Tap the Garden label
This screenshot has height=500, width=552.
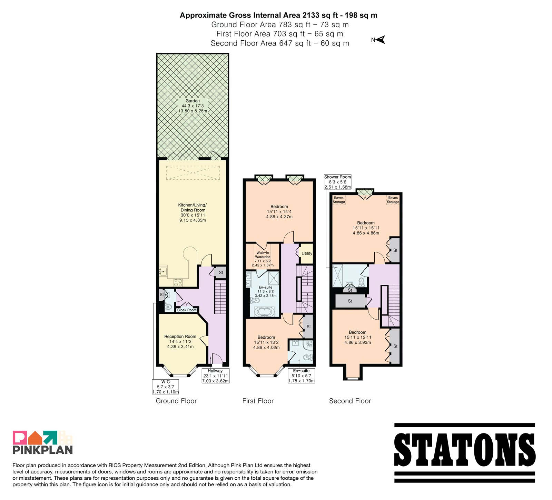[x=193, y=101]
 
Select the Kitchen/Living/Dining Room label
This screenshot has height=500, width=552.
[x=193, y=207]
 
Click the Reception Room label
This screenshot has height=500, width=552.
[x=180, y=337]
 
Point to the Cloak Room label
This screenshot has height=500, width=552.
[x=187, y=310]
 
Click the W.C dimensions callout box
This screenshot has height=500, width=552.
[x=166, y=387]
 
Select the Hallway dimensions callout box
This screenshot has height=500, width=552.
[x=215, y=376]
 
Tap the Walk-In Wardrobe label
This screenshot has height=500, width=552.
[x=263, y=255]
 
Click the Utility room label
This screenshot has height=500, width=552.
[x=307, y=253]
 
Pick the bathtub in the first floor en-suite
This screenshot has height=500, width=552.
[x=264, y=312]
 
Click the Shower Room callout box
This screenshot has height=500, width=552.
[x=337, y=182]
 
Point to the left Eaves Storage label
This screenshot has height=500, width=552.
[x=339, y=200]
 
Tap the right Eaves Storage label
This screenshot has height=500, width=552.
[x=393, y=200]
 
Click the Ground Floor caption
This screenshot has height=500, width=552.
[x=176, y=401]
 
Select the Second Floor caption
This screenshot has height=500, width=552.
[x=350, y=401]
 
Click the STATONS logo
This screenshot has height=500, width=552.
[x=465, y=453]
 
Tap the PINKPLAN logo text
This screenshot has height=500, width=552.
[x=43, y=450]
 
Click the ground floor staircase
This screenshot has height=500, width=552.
[x=220, y=297]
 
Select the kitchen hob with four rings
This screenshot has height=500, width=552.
[x=178, y=283]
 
